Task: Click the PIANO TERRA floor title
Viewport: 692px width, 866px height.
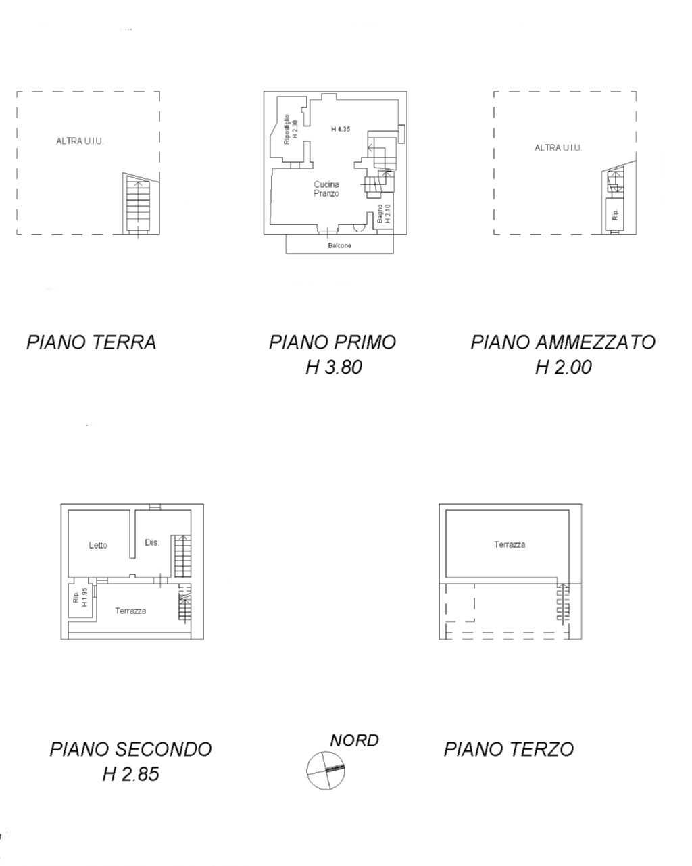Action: [91, 342]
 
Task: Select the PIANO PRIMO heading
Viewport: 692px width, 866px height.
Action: [332, 342]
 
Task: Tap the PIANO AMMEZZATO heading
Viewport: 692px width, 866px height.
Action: [563, 342]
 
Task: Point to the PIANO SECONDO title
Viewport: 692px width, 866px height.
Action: [131, 749]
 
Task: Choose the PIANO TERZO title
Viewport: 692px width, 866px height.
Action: [509, 749]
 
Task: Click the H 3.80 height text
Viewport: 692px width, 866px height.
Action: [334, 367]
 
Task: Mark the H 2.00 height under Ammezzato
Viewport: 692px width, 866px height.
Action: [563, 367]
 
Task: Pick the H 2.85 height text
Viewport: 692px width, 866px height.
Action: [131, 774]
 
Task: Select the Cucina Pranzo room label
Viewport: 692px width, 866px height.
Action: [326, 188]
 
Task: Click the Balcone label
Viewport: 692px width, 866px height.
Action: [340, 245]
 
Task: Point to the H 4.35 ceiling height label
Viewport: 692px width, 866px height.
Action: [341, 129]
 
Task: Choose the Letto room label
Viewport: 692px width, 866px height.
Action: [98, 545]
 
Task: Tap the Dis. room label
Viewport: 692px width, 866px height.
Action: [152, 542]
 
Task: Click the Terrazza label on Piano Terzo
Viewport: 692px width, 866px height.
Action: [510, 544]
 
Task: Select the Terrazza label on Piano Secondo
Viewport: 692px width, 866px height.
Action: [130, 611]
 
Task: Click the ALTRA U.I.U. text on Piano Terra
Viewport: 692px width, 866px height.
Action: [80, 141]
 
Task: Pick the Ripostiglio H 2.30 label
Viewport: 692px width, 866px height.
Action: [290, 130]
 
